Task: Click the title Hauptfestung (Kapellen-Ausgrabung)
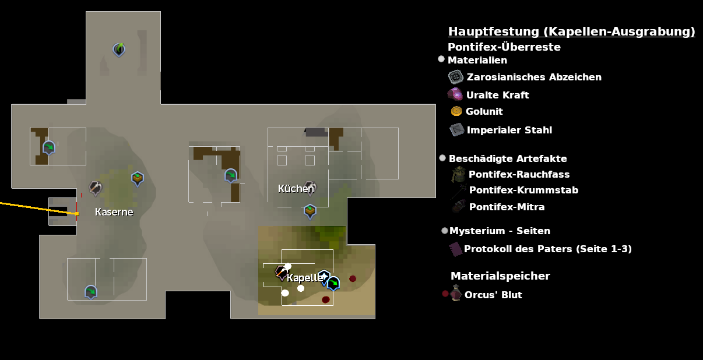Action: (x=571, y=31)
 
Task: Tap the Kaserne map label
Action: (x=114, y=212)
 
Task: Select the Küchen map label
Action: (x=296, y=189)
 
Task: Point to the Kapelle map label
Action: (x=304, y=278)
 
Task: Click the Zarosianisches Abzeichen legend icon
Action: (x=455, y=77)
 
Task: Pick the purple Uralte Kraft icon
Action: (x=455, y=94)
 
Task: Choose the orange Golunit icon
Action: (x=456, y=111)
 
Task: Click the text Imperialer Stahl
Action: (x=509, y=130)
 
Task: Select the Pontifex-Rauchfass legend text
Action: (x=519, y=174)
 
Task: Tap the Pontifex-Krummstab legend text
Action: (x=523, y=190)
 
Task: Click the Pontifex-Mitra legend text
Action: (x=507, y=207)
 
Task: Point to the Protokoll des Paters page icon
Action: (x=455, y=249)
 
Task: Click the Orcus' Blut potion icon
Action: (x=456, y=294)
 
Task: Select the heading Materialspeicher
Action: (x=500, y=276)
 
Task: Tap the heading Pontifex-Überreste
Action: (x=504, y=47)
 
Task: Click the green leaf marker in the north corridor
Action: (x=119, y=50)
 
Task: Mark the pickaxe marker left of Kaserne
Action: (x=95, y=188)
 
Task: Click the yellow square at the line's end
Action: (x=77, y=214)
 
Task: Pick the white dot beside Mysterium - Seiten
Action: (x=445, y=231)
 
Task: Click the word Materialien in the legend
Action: (x=477, y=60)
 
